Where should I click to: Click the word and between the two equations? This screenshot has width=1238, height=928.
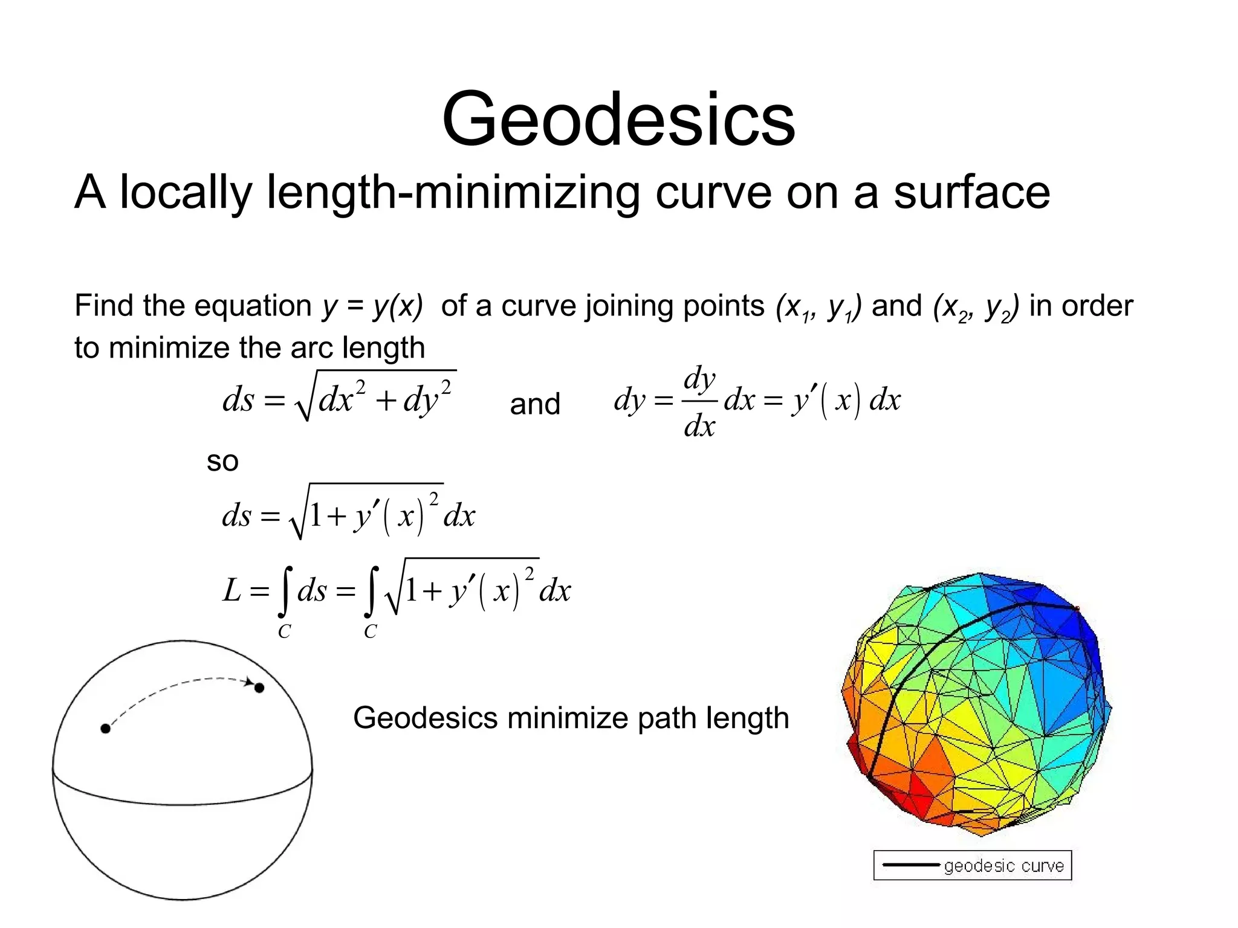click(535, 404)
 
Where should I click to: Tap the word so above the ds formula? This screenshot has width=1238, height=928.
click(222, 462)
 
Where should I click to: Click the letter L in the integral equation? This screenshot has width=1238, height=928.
click(232, 590)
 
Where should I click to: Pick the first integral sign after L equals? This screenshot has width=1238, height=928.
click(287, 590)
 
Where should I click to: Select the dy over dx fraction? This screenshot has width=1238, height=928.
click(699, 401)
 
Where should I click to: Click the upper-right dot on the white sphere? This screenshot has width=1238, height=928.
click(259, 688)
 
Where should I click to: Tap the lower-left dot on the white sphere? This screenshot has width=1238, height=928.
click(105, 729)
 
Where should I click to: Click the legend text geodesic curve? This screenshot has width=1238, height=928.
click(1003, 866)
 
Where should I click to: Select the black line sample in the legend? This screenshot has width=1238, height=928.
click(910, 865)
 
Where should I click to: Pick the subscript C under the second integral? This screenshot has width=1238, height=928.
click(370, 632)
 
